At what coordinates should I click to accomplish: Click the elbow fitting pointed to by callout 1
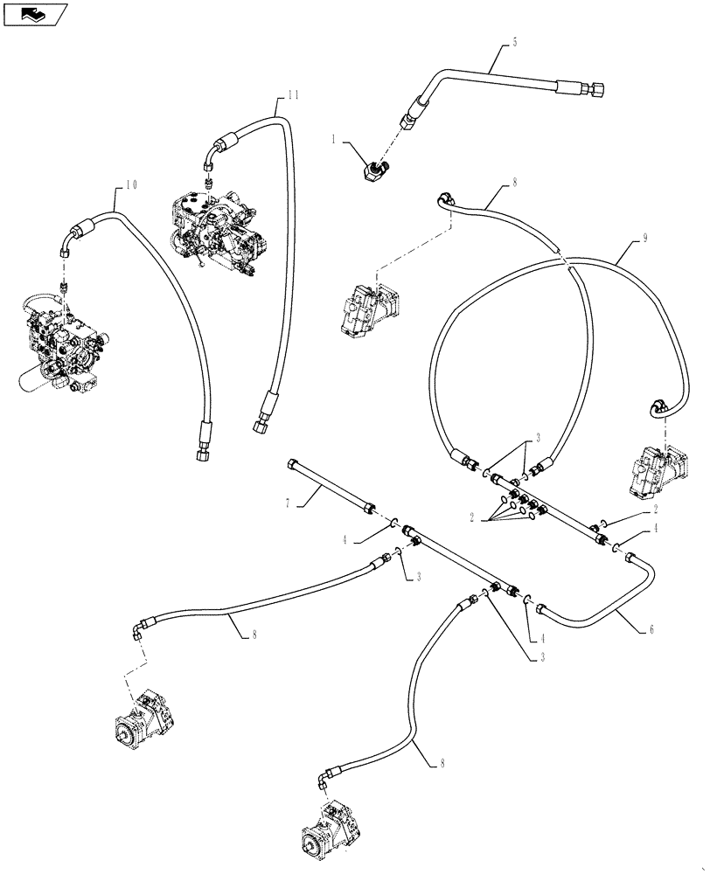377,165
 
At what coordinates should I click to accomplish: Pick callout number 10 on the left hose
131,184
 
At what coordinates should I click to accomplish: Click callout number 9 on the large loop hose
644,238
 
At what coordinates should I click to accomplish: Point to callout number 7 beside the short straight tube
286,504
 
